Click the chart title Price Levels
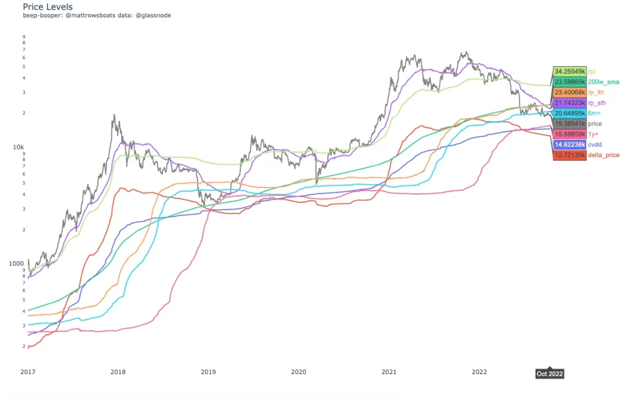tap(47, 6)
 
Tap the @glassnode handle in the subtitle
tap(152, 16)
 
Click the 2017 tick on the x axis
tap(28, 372)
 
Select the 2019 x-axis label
tap(208, 372)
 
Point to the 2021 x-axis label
tap(389, 372)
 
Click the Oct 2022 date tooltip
tap(549, 374)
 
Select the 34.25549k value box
tap(570, 71)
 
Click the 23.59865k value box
tap(570, 82)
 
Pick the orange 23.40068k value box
tap(570, 92)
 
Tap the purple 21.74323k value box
tap(570, 102)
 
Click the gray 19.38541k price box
tap(570, 124)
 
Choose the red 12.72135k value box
tap(570, 155)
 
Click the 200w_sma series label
tap(603, 82)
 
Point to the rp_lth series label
tap(596, 92)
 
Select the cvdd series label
tap(594, 145)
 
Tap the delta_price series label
tap(603, 155)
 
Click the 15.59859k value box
tap(570, 134)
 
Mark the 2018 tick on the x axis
tap(118, 372)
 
